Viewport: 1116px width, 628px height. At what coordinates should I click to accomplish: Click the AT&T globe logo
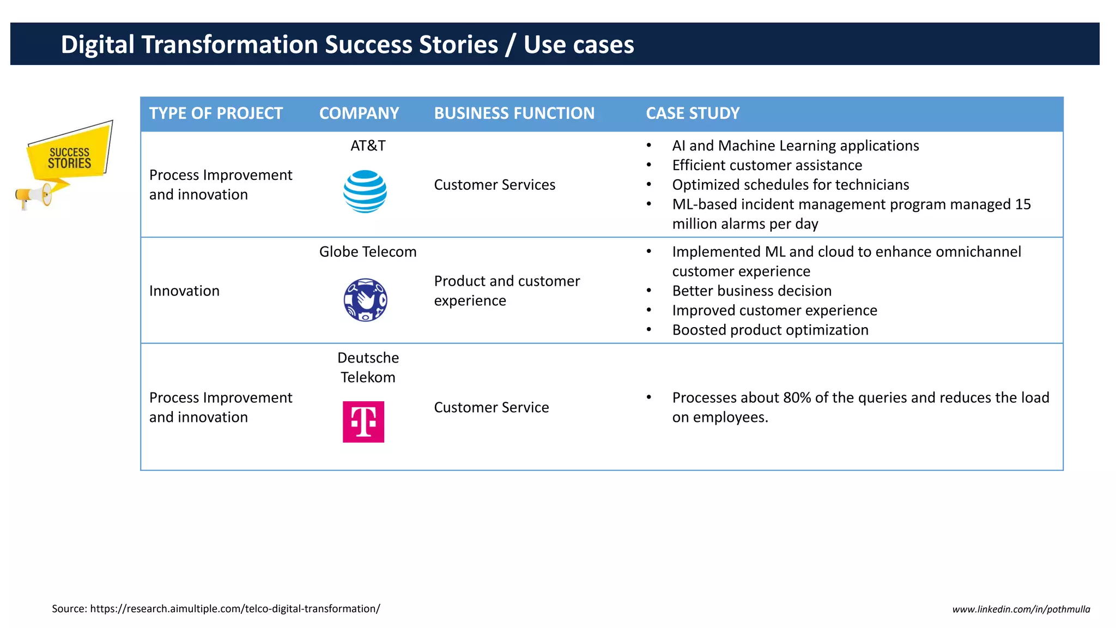coord(365,191)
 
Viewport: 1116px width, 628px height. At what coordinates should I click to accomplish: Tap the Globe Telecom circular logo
coord(365,300)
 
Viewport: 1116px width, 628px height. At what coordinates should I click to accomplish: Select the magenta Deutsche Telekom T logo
coord(363,421)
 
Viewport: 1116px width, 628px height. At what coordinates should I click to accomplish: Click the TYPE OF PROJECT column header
coord(216,113)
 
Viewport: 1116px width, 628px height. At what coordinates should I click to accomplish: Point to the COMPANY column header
coord(359,113)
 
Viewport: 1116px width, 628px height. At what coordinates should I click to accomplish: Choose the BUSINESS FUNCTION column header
coord(514,113)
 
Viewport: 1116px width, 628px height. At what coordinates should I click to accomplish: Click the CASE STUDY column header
coord(693,113)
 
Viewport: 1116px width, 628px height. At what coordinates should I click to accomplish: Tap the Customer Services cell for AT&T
coord(494,185)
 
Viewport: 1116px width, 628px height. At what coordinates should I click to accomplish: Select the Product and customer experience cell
coord(506,291)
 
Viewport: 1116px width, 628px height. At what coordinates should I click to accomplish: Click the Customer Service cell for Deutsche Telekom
coord(491,407)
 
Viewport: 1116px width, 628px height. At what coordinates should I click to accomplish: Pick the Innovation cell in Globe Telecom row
coord(184,291)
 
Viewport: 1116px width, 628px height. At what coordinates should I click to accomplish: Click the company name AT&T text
coord(368,146)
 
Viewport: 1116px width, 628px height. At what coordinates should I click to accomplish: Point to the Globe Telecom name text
coord(368,252)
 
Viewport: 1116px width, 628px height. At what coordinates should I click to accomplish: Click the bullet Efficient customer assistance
coord(767,165)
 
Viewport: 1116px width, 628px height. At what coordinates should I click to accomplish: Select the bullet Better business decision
coord(751,291)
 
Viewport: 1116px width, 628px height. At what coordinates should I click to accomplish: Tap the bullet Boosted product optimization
coord(770,330)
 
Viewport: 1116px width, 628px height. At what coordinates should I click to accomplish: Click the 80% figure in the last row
coord(797,398)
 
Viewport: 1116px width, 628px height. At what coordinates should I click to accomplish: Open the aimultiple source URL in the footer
coord(235,609)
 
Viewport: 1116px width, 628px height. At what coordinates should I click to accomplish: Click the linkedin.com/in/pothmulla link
coord(1021,609)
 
